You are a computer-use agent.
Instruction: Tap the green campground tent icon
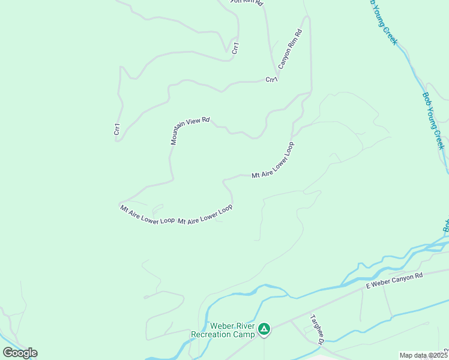click(264, 329)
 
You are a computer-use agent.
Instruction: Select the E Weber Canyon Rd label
click(395, 280)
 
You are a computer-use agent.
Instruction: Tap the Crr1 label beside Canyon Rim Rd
click(271, 79)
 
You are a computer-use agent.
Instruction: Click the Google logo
click(20, 352)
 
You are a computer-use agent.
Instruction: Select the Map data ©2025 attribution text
click(423, 355)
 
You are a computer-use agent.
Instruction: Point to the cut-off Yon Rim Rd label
click(247, 2)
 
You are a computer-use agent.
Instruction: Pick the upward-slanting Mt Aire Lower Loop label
click(273, 161)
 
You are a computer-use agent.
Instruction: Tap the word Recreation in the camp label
click(215, 334)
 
